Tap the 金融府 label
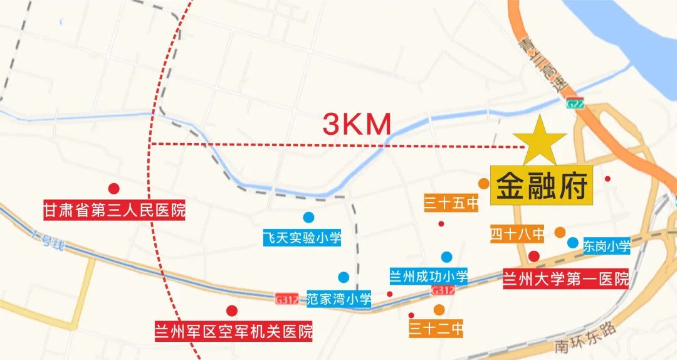[542, 186]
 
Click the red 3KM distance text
[357, 124]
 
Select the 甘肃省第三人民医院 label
[114, 210]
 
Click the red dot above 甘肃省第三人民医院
[113, 188]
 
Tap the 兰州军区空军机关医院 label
[234, 331]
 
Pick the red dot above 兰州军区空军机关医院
[232, 310]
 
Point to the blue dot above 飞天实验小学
[308, 218]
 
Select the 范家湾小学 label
[339, 299]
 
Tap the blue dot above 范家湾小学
[344, 277]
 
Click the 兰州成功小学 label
[429, 276]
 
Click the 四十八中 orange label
[517, 234]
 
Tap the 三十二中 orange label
[436, 328]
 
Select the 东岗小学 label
[606, 246]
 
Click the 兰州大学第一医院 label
[565, 278]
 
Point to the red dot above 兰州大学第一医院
[534, 256]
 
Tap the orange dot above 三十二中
[439, 309]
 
